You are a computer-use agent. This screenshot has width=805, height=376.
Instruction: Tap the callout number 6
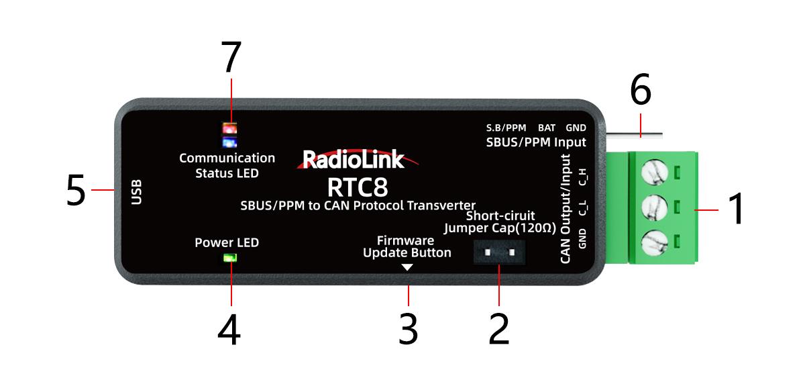(x=640, y=91)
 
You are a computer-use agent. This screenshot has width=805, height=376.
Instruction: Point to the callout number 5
(x=76, y=191)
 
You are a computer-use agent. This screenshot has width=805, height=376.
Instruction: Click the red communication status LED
(x=229, y=128)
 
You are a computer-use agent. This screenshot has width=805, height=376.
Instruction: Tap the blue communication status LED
(x=229, y=142)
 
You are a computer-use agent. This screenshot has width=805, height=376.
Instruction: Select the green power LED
(x=230, y=257)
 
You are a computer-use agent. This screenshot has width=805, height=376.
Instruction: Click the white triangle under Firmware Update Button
(x=407, y=267)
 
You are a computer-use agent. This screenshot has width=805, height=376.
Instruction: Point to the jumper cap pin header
(x=499, y=253)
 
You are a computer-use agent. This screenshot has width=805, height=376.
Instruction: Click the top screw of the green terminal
(x=653, y=173)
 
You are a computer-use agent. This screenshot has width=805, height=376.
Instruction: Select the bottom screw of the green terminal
(x=653, y=242)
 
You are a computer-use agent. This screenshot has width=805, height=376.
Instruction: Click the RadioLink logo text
(x=354, y=159)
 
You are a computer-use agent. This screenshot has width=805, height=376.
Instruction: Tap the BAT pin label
(x=546, y=128)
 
